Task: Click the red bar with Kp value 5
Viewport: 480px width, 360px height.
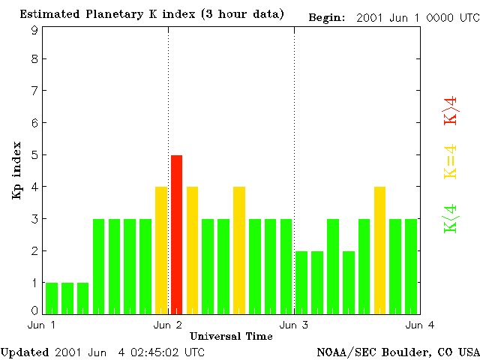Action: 176,234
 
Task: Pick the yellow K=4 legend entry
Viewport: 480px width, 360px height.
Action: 451,161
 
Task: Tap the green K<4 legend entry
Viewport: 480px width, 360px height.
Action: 451,218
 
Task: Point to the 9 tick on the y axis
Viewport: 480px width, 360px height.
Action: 34,31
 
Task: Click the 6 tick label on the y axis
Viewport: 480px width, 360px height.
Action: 34,122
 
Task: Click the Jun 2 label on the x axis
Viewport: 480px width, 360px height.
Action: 168,324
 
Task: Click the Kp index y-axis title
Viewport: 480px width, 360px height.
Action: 16,170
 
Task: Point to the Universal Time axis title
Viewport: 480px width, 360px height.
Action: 231,335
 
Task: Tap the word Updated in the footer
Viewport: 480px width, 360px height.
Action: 25,351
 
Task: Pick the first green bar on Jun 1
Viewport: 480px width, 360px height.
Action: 52,298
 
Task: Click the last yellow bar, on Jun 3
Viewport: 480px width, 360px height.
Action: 379,250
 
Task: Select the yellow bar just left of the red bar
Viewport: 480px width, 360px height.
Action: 160,250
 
